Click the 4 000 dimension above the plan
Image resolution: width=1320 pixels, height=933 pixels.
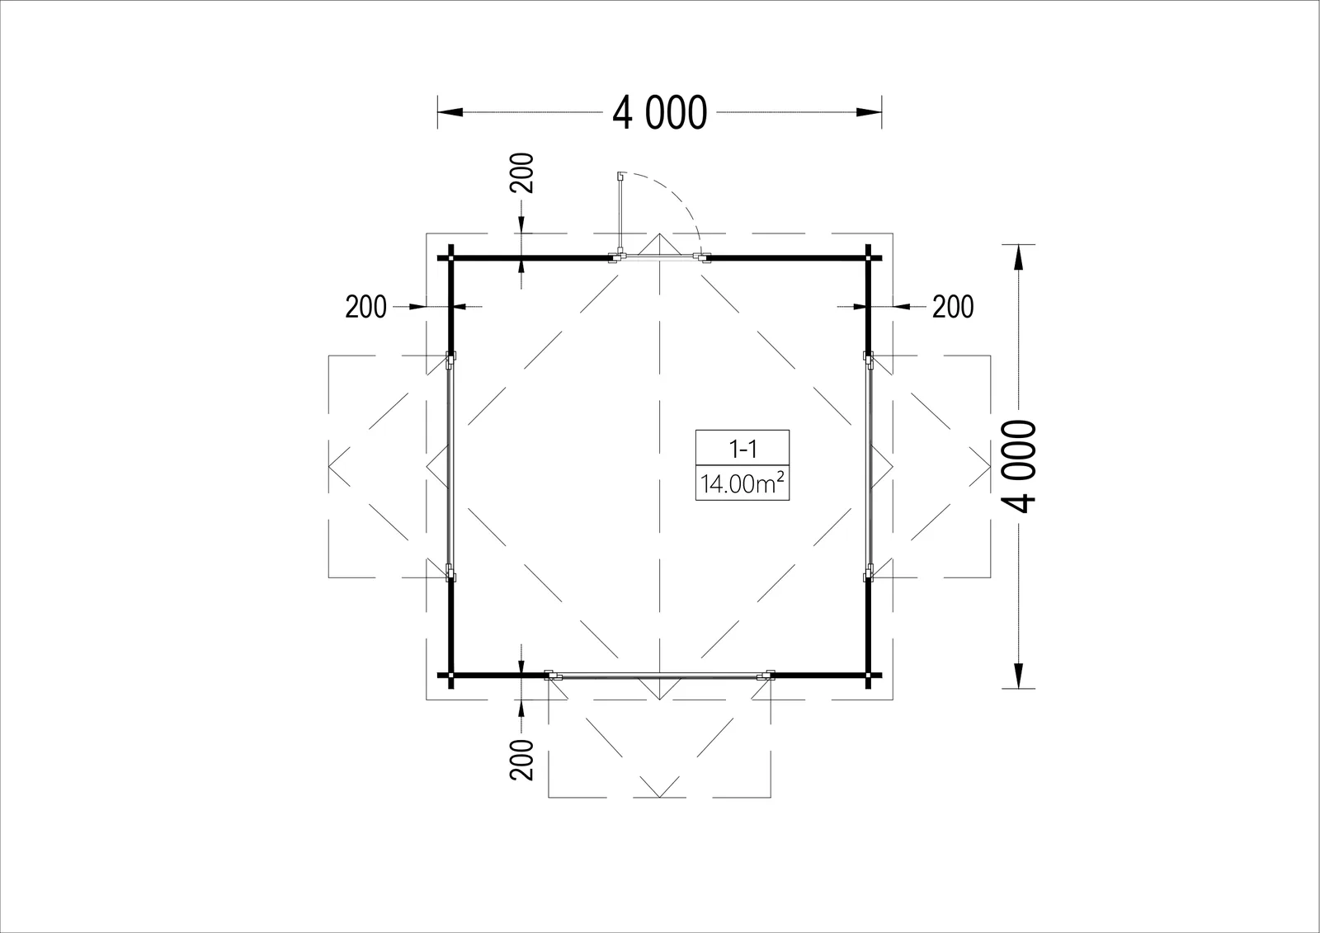pyautogui.click(x=659, y=112)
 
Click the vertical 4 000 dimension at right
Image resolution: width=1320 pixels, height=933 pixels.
pyautogui.click(x=1019, y=466)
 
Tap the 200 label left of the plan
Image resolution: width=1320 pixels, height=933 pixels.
pyautogui.click(x=366, y=307)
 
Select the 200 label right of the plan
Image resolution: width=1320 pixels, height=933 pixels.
pyautogui.click(x=953, y=307)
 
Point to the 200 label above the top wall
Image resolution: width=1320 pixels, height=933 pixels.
pyautogui.click(x=522, y=172)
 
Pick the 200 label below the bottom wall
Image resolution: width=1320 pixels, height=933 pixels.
pyautogui.click(x=522, y=760)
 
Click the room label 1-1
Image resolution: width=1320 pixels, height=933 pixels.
pyautogui.click(x=742, y=450)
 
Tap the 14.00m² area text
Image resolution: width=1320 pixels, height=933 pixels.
pyautogui.click(x=742, y=484)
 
